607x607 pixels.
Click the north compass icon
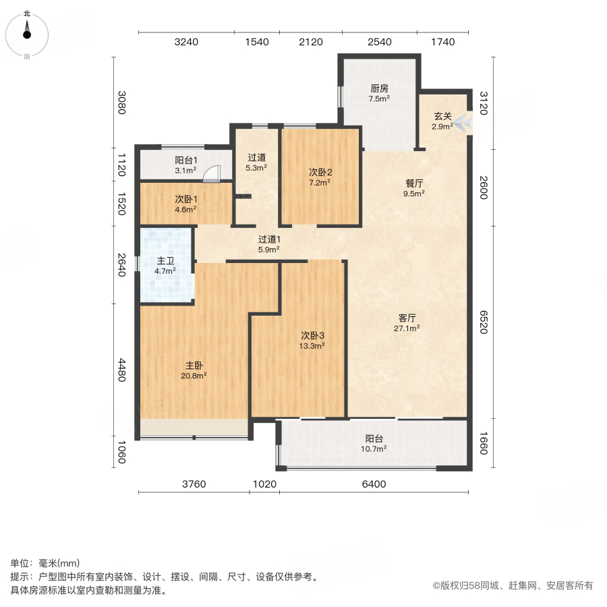click(27, 32)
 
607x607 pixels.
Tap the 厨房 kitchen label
click(379, 88)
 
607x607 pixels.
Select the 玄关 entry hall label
click(442, 116)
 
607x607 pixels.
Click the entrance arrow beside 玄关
click(463, 123)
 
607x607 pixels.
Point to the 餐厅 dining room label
click(414, 183)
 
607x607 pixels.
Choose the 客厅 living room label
click(407, 318)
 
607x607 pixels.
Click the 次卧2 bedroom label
click(320, 172)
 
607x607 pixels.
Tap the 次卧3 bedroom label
click(313, 335)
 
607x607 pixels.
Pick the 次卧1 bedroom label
click(185, 199)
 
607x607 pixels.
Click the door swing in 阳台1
click(212, 174)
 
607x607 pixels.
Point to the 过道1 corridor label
click(269, 239)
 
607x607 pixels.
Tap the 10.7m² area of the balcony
click(376, 449)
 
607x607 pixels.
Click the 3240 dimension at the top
click(186, 42)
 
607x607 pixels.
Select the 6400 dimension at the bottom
click(373, 484)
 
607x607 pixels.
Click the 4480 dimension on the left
click(122, 370)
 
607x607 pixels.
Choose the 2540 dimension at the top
click(380, 42)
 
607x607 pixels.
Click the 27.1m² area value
click(407, 328)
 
